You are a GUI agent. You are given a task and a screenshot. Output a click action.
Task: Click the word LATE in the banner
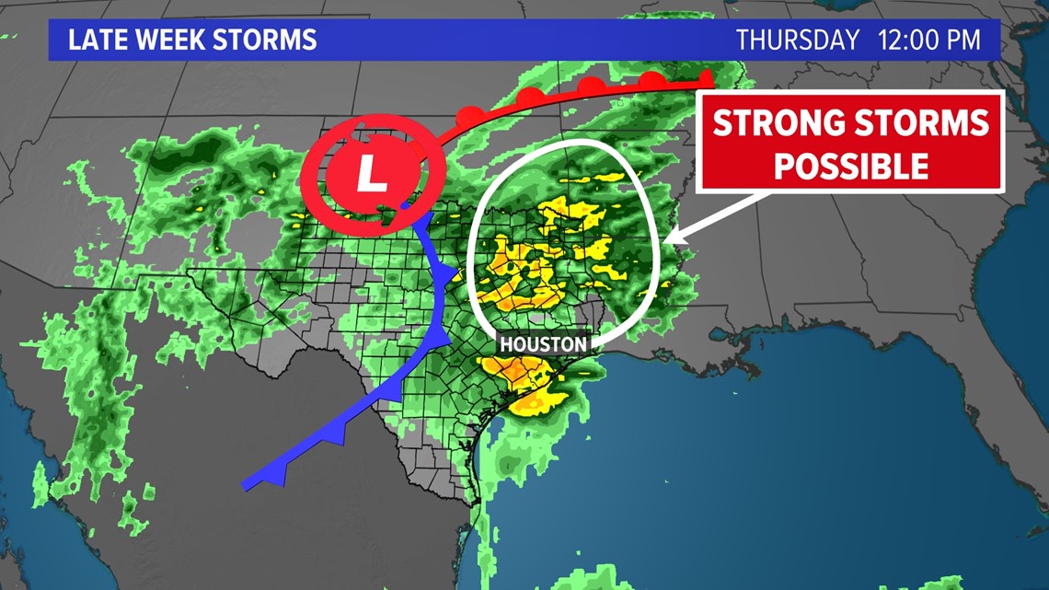click(x=94, y=40)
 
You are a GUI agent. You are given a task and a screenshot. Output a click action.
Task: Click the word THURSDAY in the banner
click(x=797, y=40)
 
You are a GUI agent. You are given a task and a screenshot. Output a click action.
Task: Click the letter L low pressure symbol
click(x=372, y=172)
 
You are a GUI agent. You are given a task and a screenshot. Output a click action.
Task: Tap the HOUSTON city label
click(x=543, y=344)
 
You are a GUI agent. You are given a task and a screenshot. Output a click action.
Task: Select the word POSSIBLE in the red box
click(x=850, y=166)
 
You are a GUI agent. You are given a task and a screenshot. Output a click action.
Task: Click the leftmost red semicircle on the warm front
click(x=469, y=117)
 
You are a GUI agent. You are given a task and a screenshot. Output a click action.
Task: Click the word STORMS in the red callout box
click(x=929, y=123)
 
